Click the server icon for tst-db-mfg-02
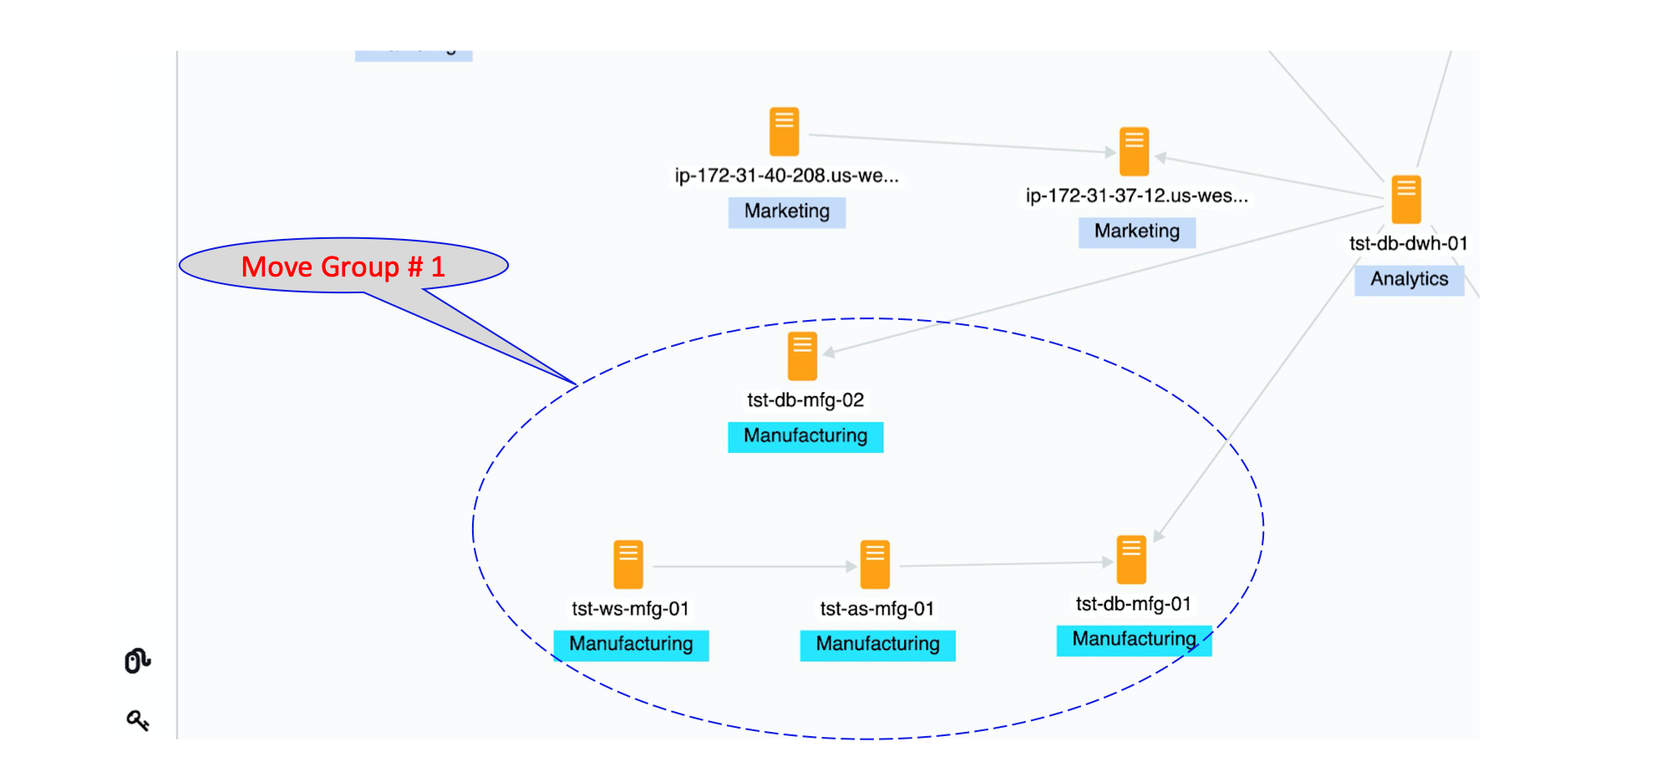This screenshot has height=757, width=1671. pos(802,357)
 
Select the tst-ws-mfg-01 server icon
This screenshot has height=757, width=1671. pos(628,565)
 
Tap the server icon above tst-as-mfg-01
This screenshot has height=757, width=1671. pos(875,565)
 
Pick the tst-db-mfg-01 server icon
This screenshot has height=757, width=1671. pos(1131,560)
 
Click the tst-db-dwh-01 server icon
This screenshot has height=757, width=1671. pos(1406,200)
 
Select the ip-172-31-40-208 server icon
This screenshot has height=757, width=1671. pos(784,132)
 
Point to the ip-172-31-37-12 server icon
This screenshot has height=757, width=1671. pos(1134,152)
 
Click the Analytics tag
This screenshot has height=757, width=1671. pos(1409,279)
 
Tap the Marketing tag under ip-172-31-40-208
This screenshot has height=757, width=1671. pos(786,211)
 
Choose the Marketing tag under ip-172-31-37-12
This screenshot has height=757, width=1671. pos(1136,231)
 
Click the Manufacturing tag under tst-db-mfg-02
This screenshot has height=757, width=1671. pos(805,436)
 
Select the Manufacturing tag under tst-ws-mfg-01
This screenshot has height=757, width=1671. pos(631,644)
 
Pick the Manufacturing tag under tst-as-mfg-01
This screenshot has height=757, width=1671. pos(877,644)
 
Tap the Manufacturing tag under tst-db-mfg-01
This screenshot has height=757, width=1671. pos(1134,639)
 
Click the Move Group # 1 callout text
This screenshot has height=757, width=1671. pos(343,267)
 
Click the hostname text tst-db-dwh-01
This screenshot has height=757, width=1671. pos(1408,244)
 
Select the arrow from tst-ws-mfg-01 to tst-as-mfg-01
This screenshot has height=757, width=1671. pos(752,566)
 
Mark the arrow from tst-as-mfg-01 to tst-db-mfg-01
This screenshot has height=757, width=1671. pos(1003,565)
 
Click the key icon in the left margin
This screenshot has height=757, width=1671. pos(138,720)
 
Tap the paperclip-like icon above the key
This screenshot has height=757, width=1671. pos(137,660)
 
